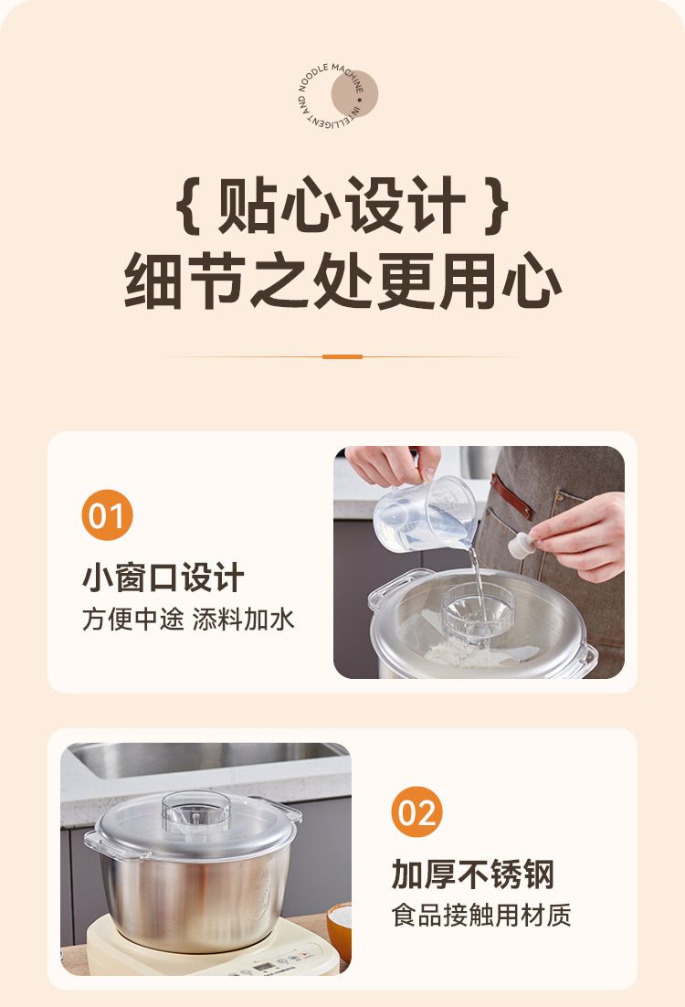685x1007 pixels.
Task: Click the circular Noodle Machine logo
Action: click(x=338, y=95)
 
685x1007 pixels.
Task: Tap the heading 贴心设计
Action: click(x=342, y=204)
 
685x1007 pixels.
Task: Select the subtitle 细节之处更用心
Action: click(x=342, y=282)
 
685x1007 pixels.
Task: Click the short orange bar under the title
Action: click(x=342, y=356)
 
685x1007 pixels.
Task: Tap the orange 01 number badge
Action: click(x=107, y=515)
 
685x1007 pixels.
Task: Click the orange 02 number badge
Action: click(x=417, y=811)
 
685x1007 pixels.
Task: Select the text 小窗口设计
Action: click(x=163, y=578)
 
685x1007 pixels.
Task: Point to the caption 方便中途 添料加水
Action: click(x=188, y=620)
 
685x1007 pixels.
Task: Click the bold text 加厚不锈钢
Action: click(x=473, y=874)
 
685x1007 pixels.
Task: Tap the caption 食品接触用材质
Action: click(x=481, y=915)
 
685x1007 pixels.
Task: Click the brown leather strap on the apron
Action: click(x=511, y=496)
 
